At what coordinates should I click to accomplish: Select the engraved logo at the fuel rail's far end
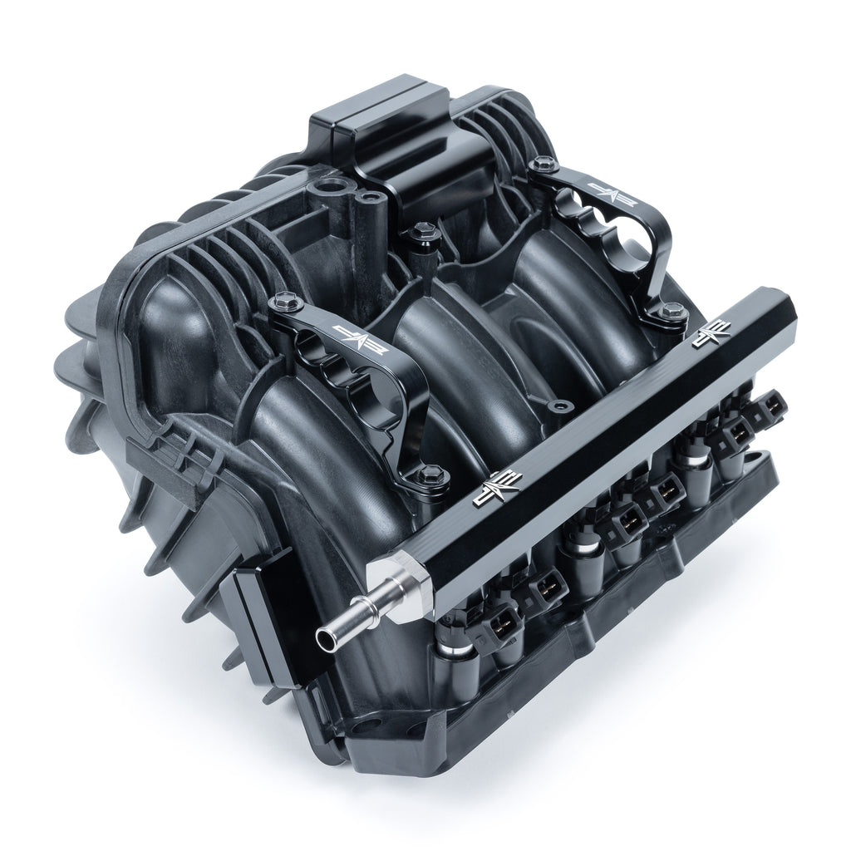click(712, 332)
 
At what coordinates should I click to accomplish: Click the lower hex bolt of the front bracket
click(430, 475)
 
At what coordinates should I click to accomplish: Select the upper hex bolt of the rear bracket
click(544, 165)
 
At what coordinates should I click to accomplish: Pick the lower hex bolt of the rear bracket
click(672, 312)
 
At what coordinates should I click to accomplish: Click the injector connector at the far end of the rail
click(772, 405)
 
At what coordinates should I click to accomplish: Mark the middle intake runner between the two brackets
click(465, 366)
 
